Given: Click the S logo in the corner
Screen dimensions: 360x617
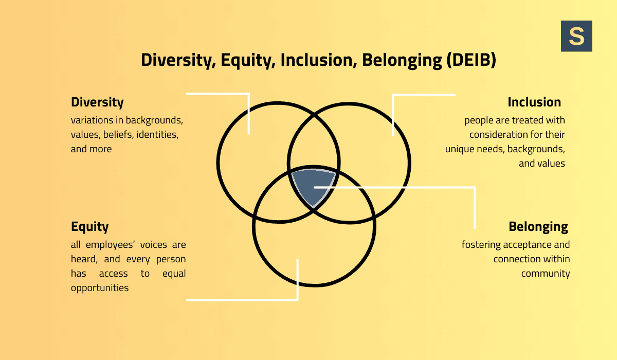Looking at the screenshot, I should coord(576,36).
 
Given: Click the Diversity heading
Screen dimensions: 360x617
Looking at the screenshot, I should coord(97,102).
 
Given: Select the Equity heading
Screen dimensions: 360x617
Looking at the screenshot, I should coord(90,227).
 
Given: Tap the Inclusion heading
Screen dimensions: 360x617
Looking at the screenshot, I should coord(534,102).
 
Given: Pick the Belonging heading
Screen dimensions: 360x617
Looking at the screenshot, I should coord(538,227).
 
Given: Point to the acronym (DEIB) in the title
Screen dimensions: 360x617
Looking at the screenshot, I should coord(471,61).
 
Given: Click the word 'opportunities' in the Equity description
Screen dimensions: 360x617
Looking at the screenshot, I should coord(100,288).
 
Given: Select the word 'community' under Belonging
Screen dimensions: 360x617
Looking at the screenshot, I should coord(546,274).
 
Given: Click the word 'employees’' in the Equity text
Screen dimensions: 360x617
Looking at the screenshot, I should coord(111,245).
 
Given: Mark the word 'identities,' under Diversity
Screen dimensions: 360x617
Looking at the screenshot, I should coord(157,135).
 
